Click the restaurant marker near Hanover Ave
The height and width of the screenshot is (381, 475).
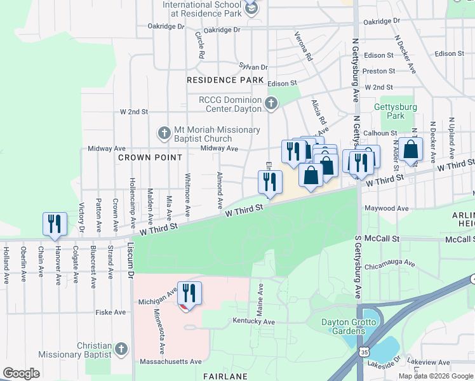(54, 224)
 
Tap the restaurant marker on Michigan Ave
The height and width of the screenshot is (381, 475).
(189, 293)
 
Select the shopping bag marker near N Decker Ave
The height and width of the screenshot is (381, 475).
(411, 150)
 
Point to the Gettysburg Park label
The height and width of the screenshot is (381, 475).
(396, 112)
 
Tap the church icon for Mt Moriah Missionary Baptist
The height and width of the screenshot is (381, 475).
(164, 134)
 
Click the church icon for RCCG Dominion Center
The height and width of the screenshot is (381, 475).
(271, 104)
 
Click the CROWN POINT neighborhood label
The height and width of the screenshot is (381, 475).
(150, 157)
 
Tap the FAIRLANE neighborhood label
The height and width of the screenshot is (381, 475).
(225, 377)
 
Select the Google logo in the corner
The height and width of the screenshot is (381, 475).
(21, 373)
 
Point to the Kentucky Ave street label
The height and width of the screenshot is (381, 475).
(253, 322)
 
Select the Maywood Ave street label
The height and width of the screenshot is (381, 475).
(385, 208)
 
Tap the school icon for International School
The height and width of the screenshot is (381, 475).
(251, 8)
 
